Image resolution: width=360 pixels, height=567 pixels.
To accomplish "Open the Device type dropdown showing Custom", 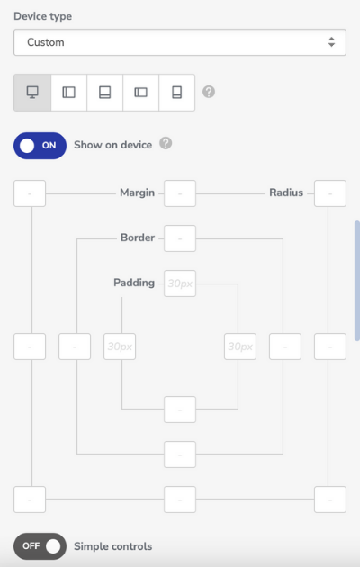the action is point(180,42).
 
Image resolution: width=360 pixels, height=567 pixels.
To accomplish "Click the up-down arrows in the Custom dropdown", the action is point(331,42).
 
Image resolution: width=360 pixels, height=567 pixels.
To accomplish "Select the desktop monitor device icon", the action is point(32,93).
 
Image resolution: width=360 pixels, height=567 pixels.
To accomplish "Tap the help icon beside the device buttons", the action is point(209,92).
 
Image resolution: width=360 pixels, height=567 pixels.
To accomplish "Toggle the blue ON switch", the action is point(40,146).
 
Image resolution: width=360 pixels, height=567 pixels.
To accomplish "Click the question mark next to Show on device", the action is point(166,144).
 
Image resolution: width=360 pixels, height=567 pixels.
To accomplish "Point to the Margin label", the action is point(138,193).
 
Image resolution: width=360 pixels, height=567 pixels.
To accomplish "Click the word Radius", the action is point(286,193).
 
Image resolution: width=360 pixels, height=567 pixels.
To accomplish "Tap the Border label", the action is point(138,238).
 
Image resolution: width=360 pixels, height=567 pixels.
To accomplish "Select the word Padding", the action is point(134,283).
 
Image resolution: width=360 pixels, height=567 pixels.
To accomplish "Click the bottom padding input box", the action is point(180,409).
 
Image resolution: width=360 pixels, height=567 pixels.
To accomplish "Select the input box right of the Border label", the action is point(180,238).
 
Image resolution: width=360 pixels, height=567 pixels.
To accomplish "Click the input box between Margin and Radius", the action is point(180,193).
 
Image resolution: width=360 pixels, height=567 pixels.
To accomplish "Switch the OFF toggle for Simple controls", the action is point(40,546).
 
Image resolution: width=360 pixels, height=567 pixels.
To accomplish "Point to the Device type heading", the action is point(42,16).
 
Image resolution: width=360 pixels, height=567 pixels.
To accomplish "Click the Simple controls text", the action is point(113,546).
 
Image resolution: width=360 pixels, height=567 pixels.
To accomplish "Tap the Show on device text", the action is point(113,145).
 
